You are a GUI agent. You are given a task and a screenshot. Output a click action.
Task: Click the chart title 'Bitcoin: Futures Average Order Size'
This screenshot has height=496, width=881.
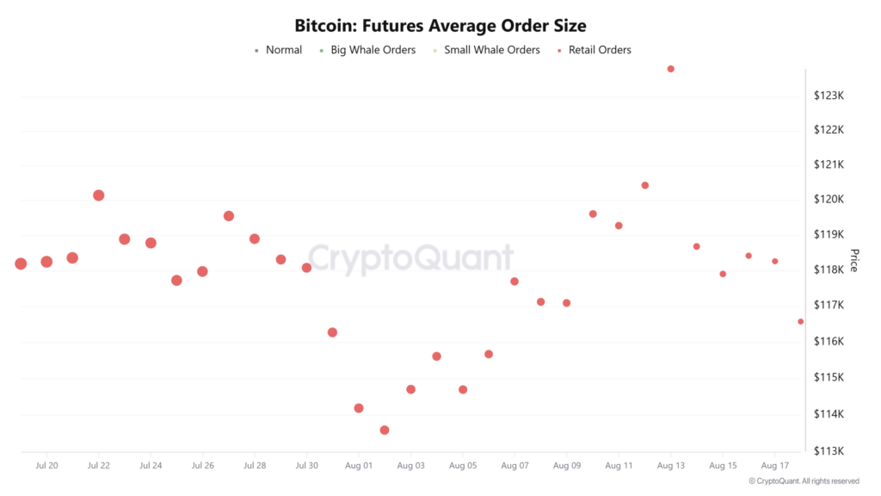(440, 26)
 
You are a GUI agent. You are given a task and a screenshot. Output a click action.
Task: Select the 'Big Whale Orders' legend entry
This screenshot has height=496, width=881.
(373, 50)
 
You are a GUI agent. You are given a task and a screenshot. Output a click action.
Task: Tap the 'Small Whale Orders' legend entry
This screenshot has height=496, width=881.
(491, 50)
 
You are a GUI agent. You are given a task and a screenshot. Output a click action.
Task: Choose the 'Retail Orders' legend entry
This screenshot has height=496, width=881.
(600, 50)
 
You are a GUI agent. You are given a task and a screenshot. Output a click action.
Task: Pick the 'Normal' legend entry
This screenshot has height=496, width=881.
(283, 50)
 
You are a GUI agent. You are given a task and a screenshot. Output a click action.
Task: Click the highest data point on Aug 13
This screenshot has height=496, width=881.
(671, 69)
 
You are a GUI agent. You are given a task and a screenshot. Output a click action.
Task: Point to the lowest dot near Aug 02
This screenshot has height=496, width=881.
(385, 430)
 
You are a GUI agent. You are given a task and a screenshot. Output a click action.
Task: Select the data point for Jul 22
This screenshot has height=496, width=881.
(99, 195)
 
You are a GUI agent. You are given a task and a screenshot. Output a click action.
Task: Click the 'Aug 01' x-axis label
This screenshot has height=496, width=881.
(359, 466)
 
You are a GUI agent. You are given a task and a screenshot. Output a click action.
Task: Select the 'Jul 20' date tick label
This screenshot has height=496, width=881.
(46, 466)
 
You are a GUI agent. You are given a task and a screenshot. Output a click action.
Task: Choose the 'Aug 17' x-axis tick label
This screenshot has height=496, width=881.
(775, 466)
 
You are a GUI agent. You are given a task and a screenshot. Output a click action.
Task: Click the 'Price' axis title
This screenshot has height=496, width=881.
(854, 260)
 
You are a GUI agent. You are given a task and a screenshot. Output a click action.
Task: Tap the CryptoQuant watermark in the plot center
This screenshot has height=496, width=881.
(410, 258)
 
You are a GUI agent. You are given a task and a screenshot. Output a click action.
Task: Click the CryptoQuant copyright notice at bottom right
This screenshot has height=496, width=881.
(804, 481)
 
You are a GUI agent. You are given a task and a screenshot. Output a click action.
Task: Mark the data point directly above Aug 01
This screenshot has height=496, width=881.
(359, 408)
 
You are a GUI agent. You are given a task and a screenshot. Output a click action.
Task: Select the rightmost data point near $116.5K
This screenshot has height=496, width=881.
(801, 321)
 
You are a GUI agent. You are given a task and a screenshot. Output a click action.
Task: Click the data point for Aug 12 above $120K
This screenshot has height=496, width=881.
(645, 185)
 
